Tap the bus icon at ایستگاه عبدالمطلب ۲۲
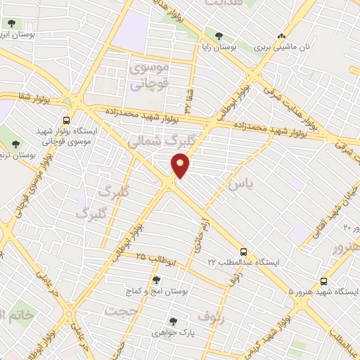[x=243, y=251]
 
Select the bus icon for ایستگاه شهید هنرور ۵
[x=323, y=279]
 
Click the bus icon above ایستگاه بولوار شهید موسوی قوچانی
[x=67, y=120]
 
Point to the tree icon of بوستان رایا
[x=219, y=35]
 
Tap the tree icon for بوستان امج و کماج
[x=156, y=280]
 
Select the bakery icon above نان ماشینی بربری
[x=282, y=35]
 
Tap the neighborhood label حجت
[x=120, y=310]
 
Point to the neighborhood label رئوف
[x=211, y=316]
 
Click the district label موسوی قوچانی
[x=149, y=76]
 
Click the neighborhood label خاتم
[x=17, y=314]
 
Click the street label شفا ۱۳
[x=188, y=98]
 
